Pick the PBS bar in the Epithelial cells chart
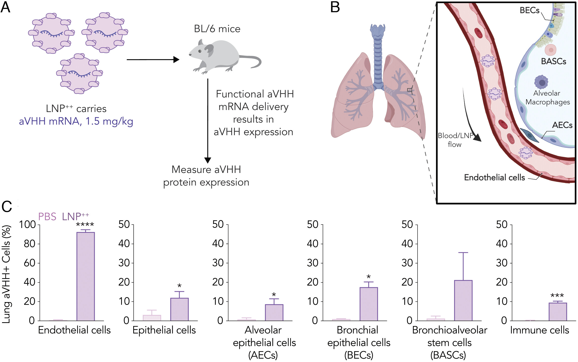coord(152,318)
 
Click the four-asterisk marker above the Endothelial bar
coord(85,225)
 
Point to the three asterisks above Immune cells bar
coord(557,296)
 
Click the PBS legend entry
coord(47,216)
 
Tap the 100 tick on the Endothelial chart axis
coord(27,224)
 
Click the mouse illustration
coord(222,57)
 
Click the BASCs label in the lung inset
coord(553,61)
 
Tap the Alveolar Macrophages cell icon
coord(541,82)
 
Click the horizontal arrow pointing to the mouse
coord(153,60)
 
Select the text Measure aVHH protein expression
coord(206,176)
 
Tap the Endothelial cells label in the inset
coord(494,177)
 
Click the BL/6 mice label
coord(217,29)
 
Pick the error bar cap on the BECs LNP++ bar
coord(368,282)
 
